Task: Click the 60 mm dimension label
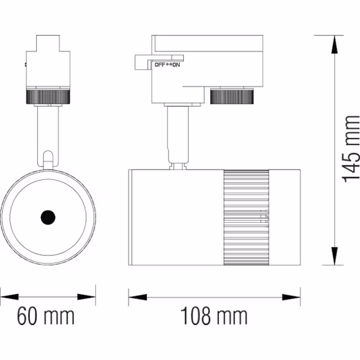pos(46,317)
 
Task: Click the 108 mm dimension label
pos(214,317)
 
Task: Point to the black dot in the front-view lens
pos(47,217)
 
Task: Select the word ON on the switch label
pos(176,65)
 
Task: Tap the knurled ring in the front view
pos(47,96)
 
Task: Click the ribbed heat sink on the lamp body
pos(245,217)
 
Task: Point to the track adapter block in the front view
pos(48,62)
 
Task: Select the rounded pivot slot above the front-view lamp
pos(48,157)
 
